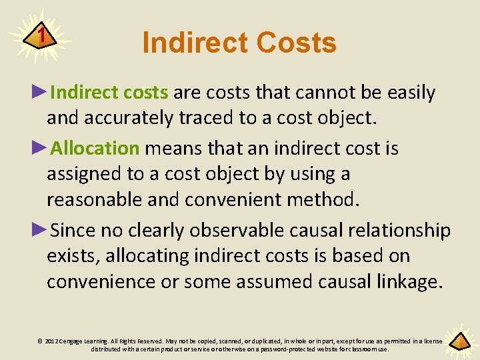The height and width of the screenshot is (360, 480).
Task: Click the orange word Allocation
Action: coord(95,148)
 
